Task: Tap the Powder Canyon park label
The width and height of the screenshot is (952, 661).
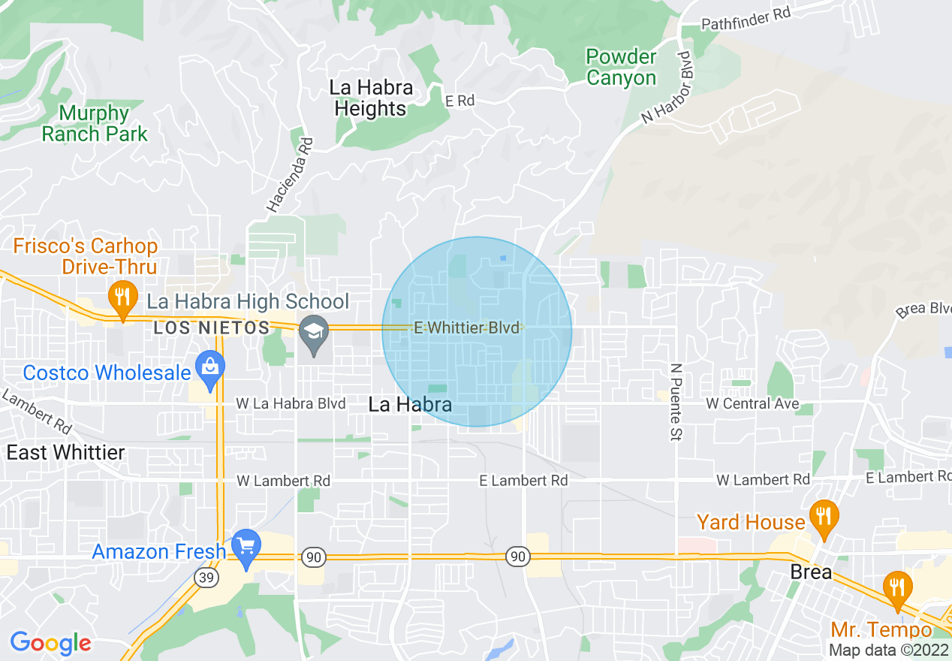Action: click(x=621, y=67)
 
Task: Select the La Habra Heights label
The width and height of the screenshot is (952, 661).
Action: click(x=370, y=98)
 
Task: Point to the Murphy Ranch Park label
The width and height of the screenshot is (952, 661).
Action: click(x=95, y=124)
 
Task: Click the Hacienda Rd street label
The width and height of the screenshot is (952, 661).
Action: click(x=288, y=174)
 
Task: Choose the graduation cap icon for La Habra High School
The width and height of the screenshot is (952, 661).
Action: click(x=312, y=332)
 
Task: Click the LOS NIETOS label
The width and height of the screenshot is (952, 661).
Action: click(x=211, y=328)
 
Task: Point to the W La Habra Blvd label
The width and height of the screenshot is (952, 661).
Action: click(x=291, y=404)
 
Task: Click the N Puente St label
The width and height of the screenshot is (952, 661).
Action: click(x=676, y=402)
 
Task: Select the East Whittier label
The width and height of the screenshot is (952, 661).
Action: click(x=65, y=452)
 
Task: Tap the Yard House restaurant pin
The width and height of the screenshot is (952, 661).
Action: click(x=824, y=518)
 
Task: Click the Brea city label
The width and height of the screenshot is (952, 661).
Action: click(x=811, y=572)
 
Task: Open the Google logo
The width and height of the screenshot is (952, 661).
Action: click(x=50, y=643)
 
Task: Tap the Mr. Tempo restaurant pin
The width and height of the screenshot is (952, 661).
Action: click(x=896, y=588)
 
